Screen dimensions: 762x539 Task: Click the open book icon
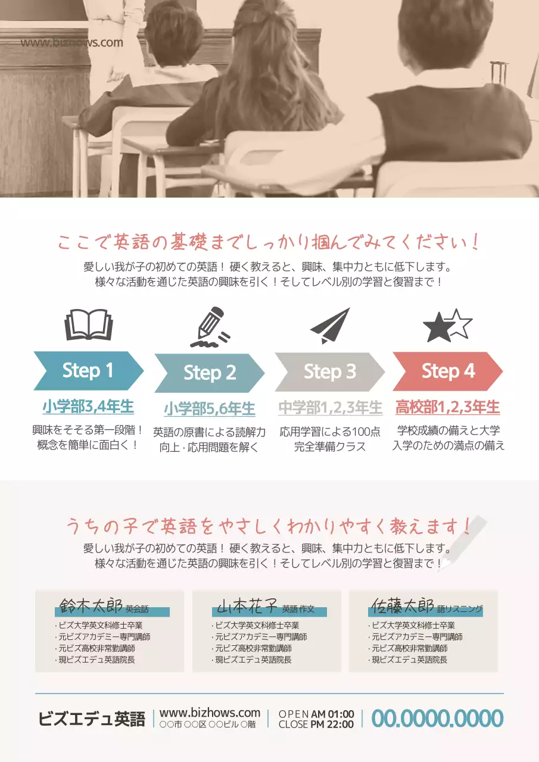pos(88,324)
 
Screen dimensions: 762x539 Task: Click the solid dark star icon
pos(438,328)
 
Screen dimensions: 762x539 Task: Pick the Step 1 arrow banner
pos(88,371)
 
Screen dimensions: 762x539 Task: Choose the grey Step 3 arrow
pos(329,372)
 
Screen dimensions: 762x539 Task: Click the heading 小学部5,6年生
pos(210,409)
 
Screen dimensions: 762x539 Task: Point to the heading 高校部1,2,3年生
pos(448,407)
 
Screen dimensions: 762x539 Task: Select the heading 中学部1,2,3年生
pos(330,408)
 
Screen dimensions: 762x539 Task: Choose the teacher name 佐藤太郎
pos(401,607)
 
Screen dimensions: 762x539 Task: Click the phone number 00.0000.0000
pos(437,719)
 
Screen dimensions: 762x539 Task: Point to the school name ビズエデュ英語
pos(92,719)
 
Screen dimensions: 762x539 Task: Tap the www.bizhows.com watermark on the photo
pos(71,42)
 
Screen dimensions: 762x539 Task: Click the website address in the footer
pos(210,713)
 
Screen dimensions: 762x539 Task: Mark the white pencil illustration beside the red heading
pos(464,544)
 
